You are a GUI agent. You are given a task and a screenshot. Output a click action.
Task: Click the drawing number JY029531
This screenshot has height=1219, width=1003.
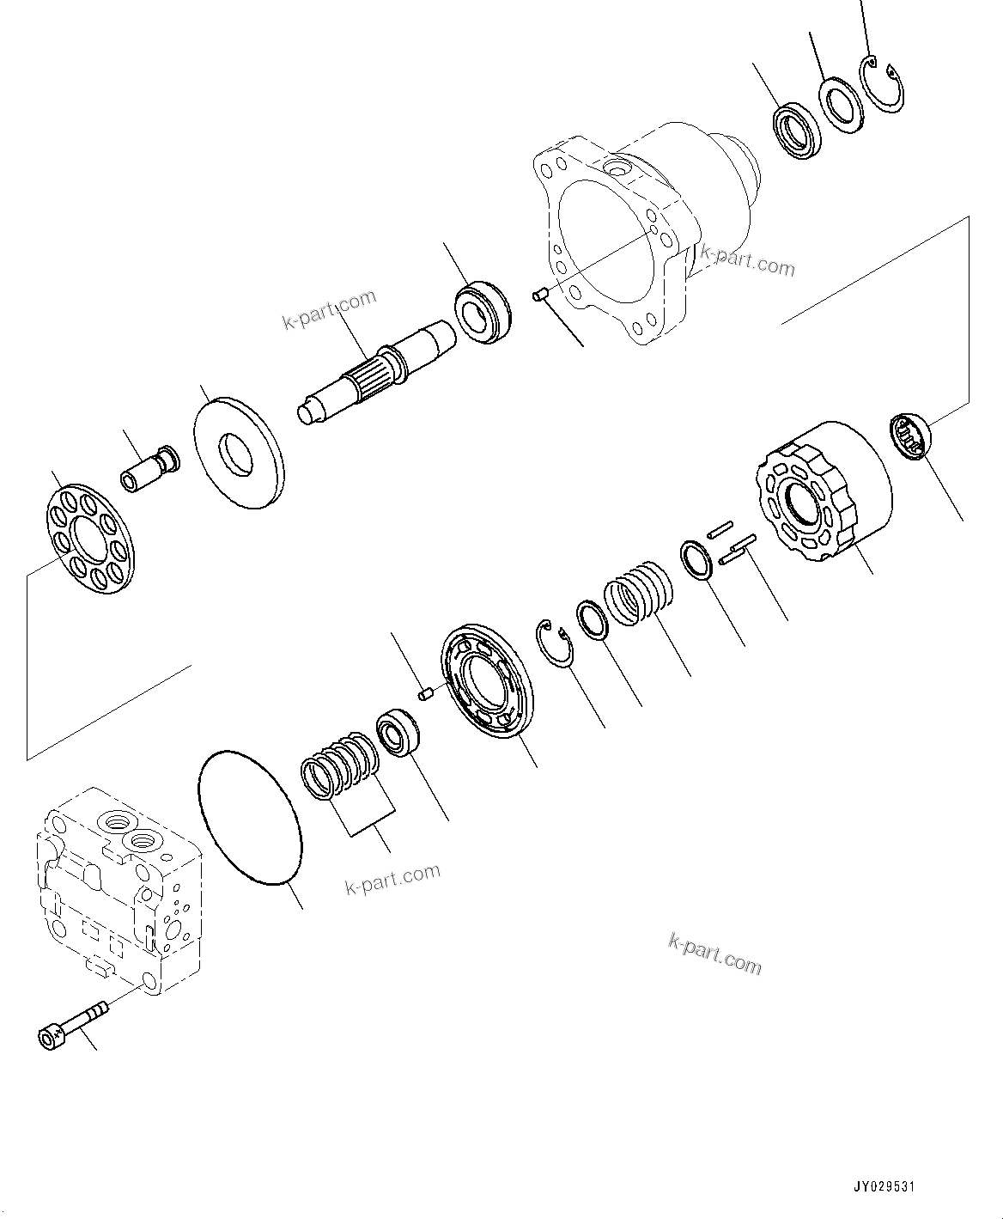(x=884, y=1187)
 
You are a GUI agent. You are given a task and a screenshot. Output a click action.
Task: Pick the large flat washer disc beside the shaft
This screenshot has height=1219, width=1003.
(x=238, y=452)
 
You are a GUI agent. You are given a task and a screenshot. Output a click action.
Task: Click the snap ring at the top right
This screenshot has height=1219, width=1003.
(x=884, y=86)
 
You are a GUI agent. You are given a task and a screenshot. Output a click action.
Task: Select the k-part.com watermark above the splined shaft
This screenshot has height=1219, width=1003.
(x=330, y=310)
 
